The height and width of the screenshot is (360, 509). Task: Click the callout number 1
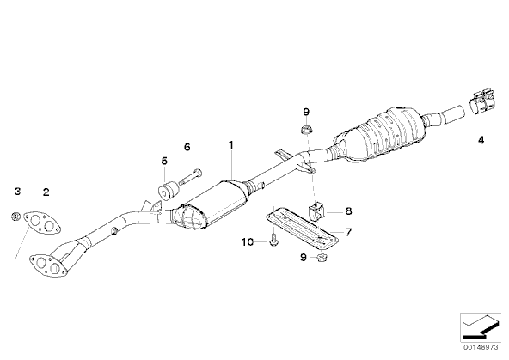click(230, 144)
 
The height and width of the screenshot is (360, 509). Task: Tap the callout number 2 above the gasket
click(46, 192)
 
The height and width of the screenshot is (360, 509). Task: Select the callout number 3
click(17, 191)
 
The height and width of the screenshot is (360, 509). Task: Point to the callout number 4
click(481, 140)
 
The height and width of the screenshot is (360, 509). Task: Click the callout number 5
click(164, 161)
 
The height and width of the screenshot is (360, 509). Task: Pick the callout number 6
click(187, 147)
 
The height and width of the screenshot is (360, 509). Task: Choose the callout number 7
click(348, 232)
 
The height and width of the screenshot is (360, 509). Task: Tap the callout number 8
click(348, 211)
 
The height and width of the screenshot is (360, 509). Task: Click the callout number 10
click(248, 242)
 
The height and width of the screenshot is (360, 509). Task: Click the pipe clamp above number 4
click(481, 106)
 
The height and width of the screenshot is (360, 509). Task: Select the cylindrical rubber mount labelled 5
click(169, 192)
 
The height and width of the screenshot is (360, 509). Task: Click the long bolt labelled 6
click(190, 176)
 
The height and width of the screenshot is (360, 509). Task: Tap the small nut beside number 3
click(15, 216)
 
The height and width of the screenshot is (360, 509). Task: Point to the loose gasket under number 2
click(42, 223)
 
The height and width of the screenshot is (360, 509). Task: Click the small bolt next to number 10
click(273, 239)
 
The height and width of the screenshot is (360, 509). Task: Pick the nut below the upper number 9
click(306, 130)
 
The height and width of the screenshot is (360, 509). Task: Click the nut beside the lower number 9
click(322, 258)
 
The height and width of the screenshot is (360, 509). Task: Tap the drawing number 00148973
click(481, 347)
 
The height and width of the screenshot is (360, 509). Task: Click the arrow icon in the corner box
click(481, 327)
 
